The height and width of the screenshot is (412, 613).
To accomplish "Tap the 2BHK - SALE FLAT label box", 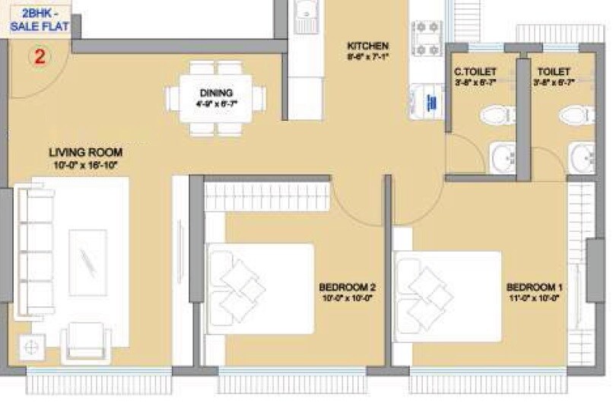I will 40,19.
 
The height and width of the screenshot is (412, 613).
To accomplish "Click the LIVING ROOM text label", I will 85,152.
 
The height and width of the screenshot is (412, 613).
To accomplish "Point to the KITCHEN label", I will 367,46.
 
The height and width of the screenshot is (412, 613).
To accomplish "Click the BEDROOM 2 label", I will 347,287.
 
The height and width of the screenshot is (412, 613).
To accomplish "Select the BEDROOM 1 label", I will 534,287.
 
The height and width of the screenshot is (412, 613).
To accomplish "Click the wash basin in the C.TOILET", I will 502,158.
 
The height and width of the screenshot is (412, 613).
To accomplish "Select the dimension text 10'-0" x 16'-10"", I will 84,165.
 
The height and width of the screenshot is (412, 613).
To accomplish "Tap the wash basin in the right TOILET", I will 583,158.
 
